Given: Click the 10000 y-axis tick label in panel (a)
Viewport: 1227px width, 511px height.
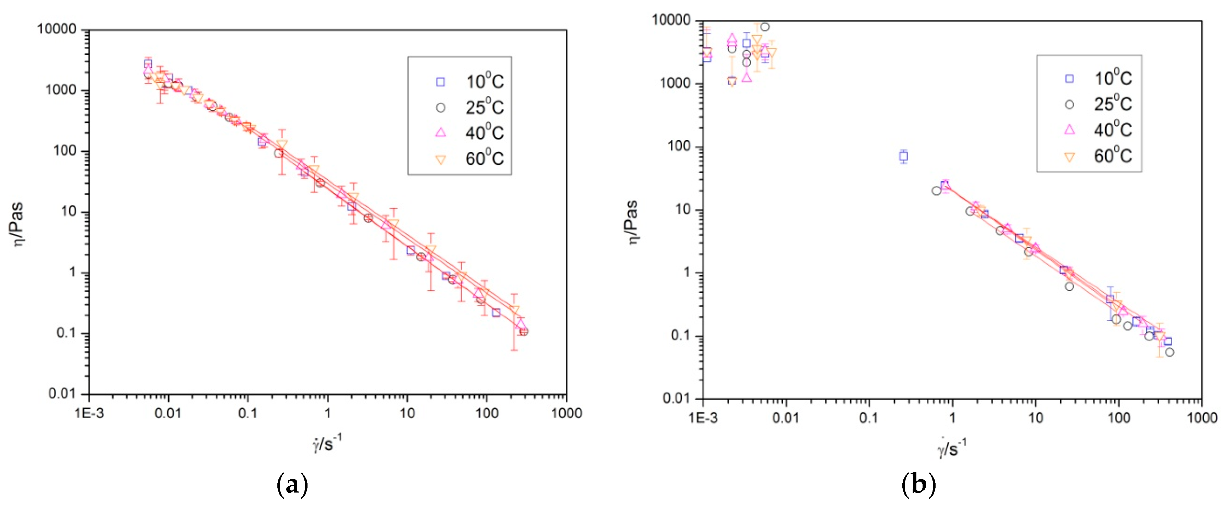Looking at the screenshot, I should (x=57, y=29).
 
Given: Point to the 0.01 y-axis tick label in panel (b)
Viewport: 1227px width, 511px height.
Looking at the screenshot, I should (x=676, y=398).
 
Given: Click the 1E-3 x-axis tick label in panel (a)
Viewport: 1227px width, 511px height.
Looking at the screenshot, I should (x=89, y=413).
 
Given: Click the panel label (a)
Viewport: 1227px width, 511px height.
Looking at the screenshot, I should (x=292, y=485).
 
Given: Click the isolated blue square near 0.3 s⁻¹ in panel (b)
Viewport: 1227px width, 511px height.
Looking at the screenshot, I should (x=904, y=156).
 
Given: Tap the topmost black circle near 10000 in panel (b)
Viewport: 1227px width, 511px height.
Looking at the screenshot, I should (x=764, y=27).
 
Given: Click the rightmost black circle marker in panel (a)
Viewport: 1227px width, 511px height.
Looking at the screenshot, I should (x=524, y=332).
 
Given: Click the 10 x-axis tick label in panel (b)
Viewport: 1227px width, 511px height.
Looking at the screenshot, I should (x=1036, y=418).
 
